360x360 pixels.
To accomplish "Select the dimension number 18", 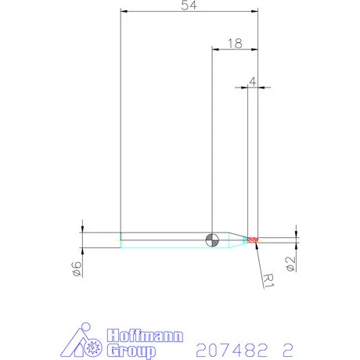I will click(233, 44).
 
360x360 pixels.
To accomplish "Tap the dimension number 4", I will click(252, 81).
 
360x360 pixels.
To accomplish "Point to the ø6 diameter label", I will click(76, 268).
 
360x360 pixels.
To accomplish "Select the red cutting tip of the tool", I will click(252, 239).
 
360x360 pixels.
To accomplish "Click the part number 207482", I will click(227, 346).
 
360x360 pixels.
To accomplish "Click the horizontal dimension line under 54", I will click(188, 13).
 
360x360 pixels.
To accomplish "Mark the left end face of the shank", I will click(121, 239).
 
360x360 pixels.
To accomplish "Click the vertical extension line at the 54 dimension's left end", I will click(121, 117).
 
